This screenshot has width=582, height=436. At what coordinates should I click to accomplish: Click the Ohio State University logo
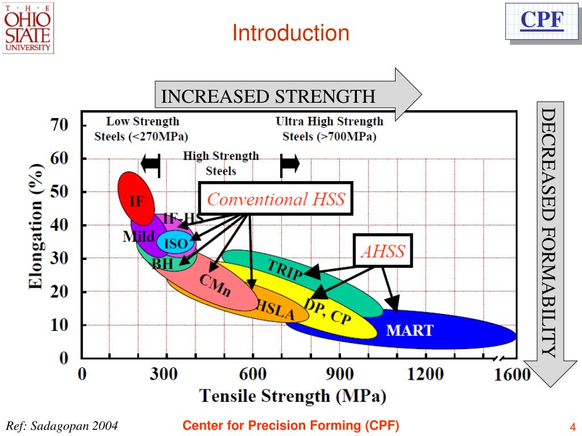point(28,27)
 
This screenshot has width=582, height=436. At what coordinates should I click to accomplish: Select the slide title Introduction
point(290,33)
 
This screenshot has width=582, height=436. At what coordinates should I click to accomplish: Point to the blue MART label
point(410,330)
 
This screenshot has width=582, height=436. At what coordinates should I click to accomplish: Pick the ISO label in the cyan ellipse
point(176,244)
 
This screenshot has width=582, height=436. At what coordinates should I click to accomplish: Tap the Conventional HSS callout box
point(276,199)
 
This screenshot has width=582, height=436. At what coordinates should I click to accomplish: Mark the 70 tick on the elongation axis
point(60,124)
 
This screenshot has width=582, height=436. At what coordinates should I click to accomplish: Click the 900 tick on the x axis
point(340,374)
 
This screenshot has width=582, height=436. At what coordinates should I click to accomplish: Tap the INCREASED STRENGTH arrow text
point(268,96)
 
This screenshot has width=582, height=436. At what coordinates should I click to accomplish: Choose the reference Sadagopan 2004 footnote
point(62,426)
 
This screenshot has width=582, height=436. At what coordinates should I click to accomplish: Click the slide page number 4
point(573,427)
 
